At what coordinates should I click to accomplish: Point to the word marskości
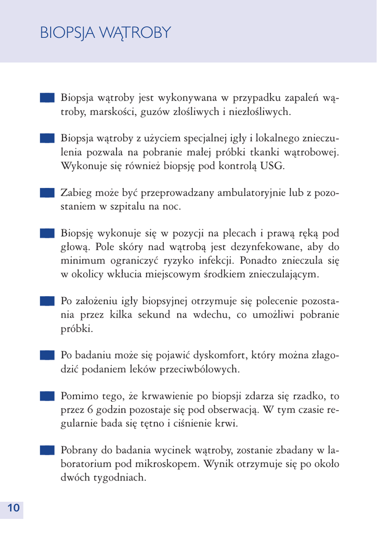108,111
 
